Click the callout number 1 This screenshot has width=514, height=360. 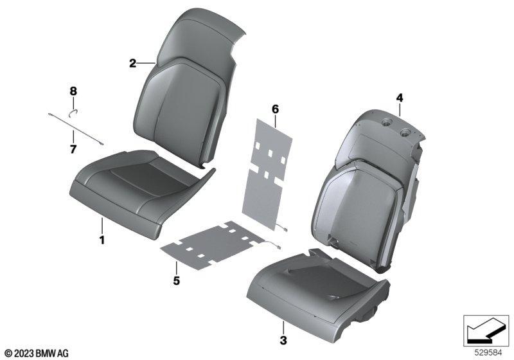point(102,240)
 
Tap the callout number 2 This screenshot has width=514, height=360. point(132,63)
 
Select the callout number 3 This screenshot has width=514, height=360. point(283,340)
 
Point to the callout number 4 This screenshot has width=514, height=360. point(400,98)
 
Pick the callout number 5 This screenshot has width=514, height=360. point(176,281)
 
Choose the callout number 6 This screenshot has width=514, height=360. point(275,109)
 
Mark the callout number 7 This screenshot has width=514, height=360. point(73,149)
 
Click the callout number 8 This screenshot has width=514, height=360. point(73,91)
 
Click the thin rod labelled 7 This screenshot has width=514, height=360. point(76,128)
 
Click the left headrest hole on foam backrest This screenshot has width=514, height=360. point(387,123)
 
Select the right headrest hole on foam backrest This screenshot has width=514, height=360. point(407,132)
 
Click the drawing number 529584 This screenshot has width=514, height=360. point(488,353)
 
